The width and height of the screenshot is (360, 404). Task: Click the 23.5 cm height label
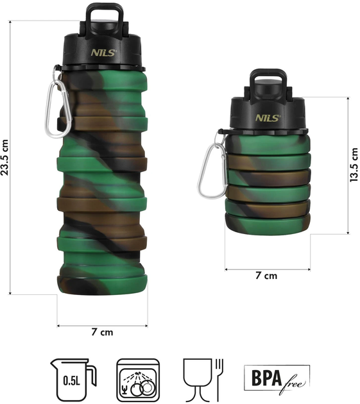pos(4,157)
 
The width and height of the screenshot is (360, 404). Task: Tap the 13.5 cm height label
pos(354,165)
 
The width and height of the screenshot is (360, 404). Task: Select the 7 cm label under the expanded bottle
pos(102,332)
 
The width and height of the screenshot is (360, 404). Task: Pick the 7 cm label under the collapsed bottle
pos(266,276)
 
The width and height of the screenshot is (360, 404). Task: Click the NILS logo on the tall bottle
pos(104,53)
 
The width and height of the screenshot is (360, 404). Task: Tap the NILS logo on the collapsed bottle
pos(268,118)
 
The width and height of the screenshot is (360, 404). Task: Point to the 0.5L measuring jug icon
pos(73,380)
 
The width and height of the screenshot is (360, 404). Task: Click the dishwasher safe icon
pos(138,380)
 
